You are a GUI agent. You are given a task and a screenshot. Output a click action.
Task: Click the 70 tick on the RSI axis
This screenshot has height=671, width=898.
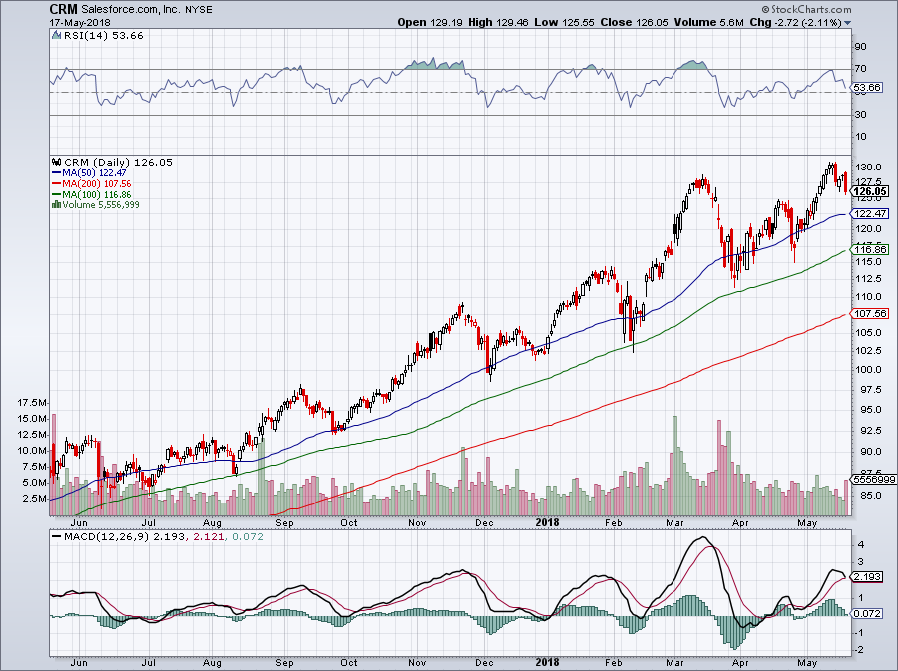859,69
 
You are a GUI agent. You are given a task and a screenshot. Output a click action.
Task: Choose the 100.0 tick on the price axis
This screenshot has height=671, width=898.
870,369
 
